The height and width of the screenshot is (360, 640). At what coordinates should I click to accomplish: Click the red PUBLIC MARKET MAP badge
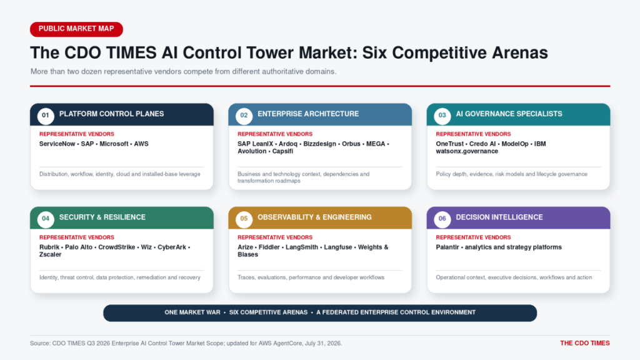76,29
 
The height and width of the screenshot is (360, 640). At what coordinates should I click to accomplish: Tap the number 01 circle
46,116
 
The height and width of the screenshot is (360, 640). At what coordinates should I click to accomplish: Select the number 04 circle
46,219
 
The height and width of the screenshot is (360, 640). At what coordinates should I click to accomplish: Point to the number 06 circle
442,219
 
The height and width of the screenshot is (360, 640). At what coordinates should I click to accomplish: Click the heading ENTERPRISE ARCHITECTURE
308,114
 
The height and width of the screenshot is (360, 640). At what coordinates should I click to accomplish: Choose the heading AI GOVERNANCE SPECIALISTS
509,114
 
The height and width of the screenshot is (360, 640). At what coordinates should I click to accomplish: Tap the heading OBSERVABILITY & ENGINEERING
315,217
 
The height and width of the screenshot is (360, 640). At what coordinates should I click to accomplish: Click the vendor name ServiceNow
57,144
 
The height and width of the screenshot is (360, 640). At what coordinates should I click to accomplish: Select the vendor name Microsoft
114,144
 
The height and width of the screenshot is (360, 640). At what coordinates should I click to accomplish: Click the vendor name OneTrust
450,144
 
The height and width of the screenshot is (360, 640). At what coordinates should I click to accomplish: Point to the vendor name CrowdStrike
117,247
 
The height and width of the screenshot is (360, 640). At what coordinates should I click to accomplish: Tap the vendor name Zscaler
50,254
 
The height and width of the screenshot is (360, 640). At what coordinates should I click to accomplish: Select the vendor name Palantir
447,247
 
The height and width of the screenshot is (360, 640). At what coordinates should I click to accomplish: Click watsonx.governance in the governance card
467,151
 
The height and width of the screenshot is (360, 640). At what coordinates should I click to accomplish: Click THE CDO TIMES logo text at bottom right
585,343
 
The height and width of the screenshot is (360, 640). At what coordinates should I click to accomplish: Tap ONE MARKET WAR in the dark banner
192,312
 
